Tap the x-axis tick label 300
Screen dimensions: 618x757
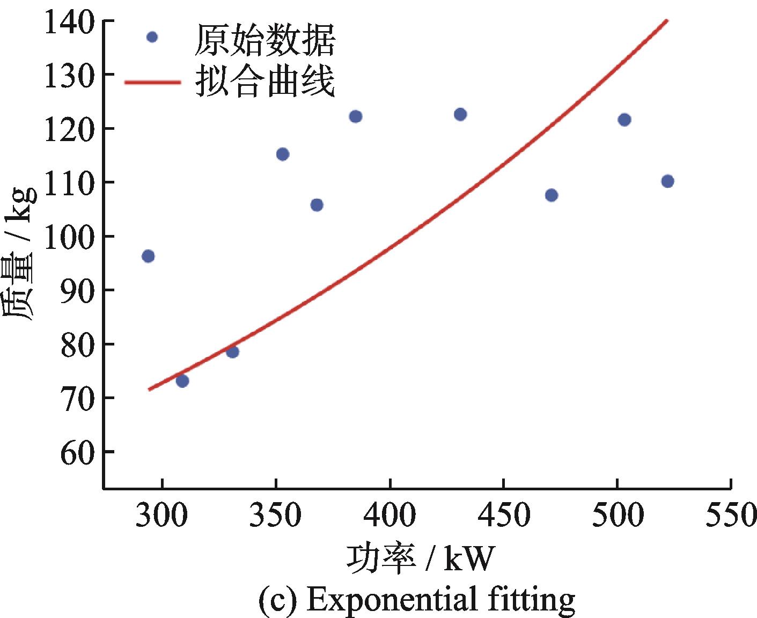(x=161, y=515)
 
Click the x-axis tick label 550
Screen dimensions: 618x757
(x=731, y=515)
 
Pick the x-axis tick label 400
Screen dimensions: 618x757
(x=389, y=515)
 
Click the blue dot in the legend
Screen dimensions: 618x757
(x=152, y=37)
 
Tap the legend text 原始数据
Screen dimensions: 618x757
(x=265, y=40)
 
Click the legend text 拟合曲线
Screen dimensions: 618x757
(x=265, y=82)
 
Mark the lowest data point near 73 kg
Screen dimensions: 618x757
(x=182, y=381)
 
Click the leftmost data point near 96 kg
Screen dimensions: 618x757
(x=148, y=256)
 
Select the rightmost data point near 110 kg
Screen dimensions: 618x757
(x=667, y=181)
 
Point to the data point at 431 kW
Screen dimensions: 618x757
(x=460, y=114)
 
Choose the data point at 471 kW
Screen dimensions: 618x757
(x=552, y=195)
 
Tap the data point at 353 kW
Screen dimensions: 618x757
(x=283, y=154)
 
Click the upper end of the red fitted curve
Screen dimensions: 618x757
(x=666, y=20)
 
